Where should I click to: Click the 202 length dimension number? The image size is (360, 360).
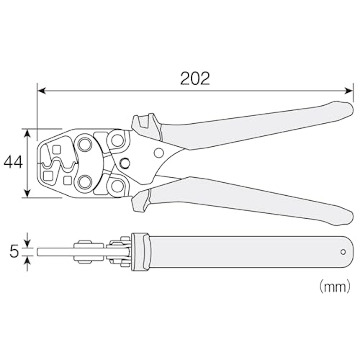pyautogui.click(x=195, y=78)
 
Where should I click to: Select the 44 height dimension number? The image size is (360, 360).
pyautogui.click(x=13, y=162)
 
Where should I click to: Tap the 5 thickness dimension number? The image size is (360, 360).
pyautogui.click(x=14, y=252)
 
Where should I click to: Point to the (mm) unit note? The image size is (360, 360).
pyautogui.click(x=335, y=286)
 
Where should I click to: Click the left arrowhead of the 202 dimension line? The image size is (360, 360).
pyautogui.click(x=41, y=91)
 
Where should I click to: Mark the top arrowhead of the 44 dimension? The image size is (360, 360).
pyautogui.click(x=27, y=133)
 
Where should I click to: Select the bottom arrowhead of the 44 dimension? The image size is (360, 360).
pyautogui.click(x=27, y=193)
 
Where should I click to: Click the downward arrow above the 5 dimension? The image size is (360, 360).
pyautogui.click(x=27, y=240)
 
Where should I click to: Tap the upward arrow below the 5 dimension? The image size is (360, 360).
pyautogui.click(x=27, y=264)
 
